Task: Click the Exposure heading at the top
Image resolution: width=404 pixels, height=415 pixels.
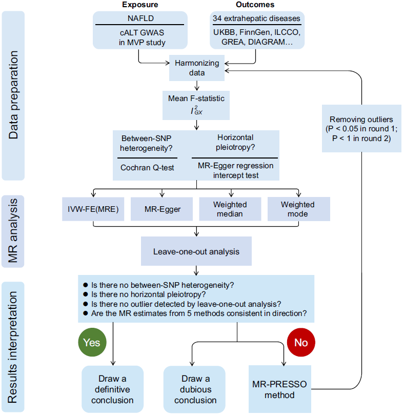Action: (x=139, y=5)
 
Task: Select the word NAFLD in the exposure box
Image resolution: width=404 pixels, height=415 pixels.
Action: (x=139, y=18)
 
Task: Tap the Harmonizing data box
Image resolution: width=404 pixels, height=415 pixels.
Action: (x=197, y=68)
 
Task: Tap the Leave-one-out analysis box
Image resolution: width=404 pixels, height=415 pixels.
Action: (x=196, y=251)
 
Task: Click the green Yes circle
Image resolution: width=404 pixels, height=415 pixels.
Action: (x=92, y=342)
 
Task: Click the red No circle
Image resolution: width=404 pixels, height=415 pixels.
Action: (x=301, y=343)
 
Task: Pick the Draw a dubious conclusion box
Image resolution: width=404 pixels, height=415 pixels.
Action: (x=195, y=389)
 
